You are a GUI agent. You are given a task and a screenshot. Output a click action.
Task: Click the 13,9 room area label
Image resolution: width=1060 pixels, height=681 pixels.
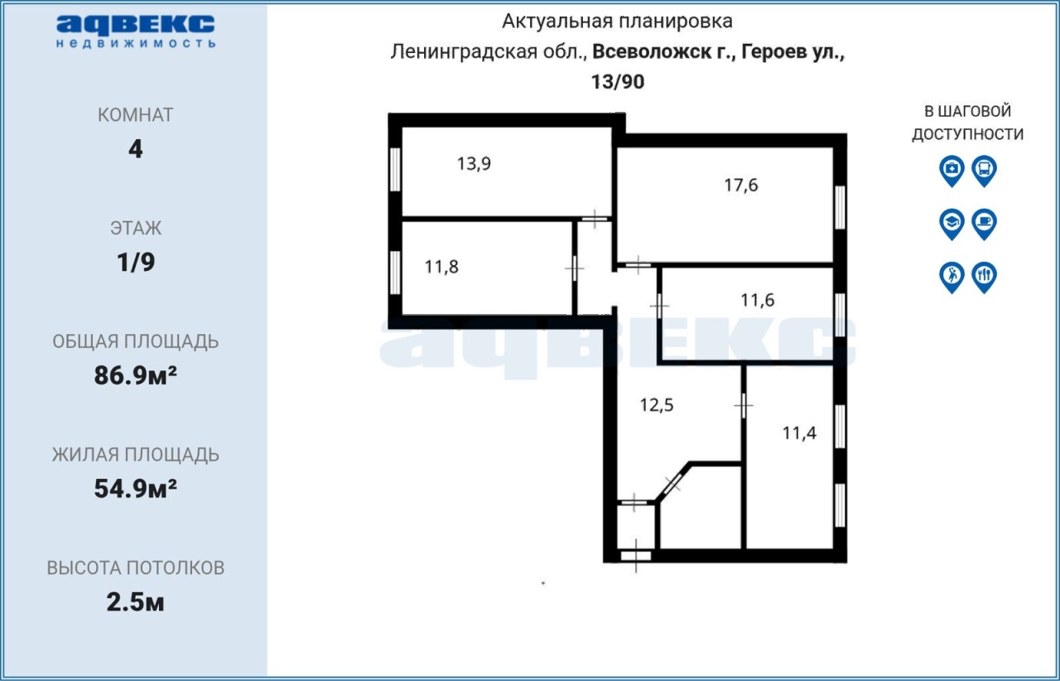[474, 164]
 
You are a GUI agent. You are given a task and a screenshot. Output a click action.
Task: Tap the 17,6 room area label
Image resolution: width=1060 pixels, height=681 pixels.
[741, 186]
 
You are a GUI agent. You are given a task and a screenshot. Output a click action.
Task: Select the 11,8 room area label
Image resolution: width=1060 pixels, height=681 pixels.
[441, 267]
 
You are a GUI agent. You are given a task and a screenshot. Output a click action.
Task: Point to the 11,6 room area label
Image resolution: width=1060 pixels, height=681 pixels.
[757, 300]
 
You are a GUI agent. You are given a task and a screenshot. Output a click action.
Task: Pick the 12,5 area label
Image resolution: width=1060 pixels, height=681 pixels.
[657, 405]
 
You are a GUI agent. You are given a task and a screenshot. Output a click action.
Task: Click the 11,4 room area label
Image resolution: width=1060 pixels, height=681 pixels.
[799, 433]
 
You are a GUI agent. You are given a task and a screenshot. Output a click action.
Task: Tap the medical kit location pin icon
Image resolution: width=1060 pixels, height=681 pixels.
[952, 171]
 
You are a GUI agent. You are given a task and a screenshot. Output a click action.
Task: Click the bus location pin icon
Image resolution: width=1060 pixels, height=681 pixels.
[985, 171]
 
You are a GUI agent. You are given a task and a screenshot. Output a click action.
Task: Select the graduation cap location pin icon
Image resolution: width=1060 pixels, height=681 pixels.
[952, 224]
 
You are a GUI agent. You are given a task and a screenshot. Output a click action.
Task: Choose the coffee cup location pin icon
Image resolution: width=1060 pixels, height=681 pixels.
[985, 224]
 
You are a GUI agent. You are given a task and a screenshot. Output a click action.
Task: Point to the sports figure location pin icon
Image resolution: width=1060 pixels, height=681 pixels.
[952, 277]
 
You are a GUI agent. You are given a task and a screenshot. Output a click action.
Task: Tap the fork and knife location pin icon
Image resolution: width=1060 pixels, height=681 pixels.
[985, 277]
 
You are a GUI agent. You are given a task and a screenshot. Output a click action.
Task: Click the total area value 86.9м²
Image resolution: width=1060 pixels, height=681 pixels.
[135, 375]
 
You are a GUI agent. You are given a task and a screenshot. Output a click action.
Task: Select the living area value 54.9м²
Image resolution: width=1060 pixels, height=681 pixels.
[135, 489]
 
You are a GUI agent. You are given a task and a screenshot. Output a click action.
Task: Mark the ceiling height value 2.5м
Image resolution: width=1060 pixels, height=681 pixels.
[135, 602]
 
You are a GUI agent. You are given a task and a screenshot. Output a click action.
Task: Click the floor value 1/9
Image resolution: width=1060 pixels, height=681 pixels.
[136, 263]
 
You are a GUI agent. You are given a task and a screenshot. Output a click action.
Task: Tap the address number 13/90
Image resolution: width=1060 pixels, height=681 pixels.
[618, 82]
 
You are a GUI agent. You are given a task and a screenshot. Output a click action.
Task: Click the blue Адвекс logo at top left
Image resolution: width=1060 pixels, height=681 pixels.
[136, 31]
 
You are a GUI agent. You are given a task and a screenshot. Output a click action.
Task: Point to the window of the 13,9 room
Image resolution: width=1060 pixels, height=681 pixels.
[395, 170]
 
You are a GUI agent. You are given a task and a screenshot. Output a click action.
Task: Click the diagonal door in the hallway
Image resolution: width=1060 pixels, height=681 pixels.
[672, 484]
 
